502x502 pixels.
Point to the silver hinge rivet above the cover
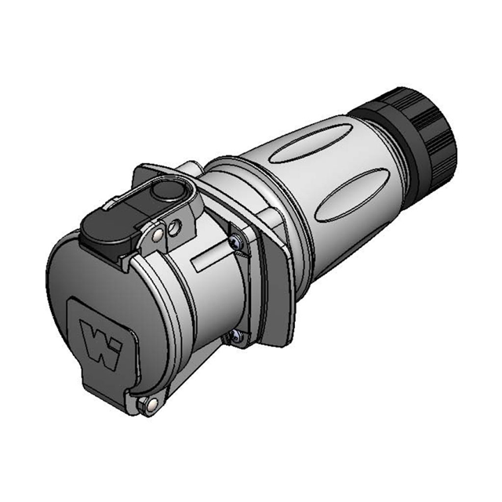[159, 233]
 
